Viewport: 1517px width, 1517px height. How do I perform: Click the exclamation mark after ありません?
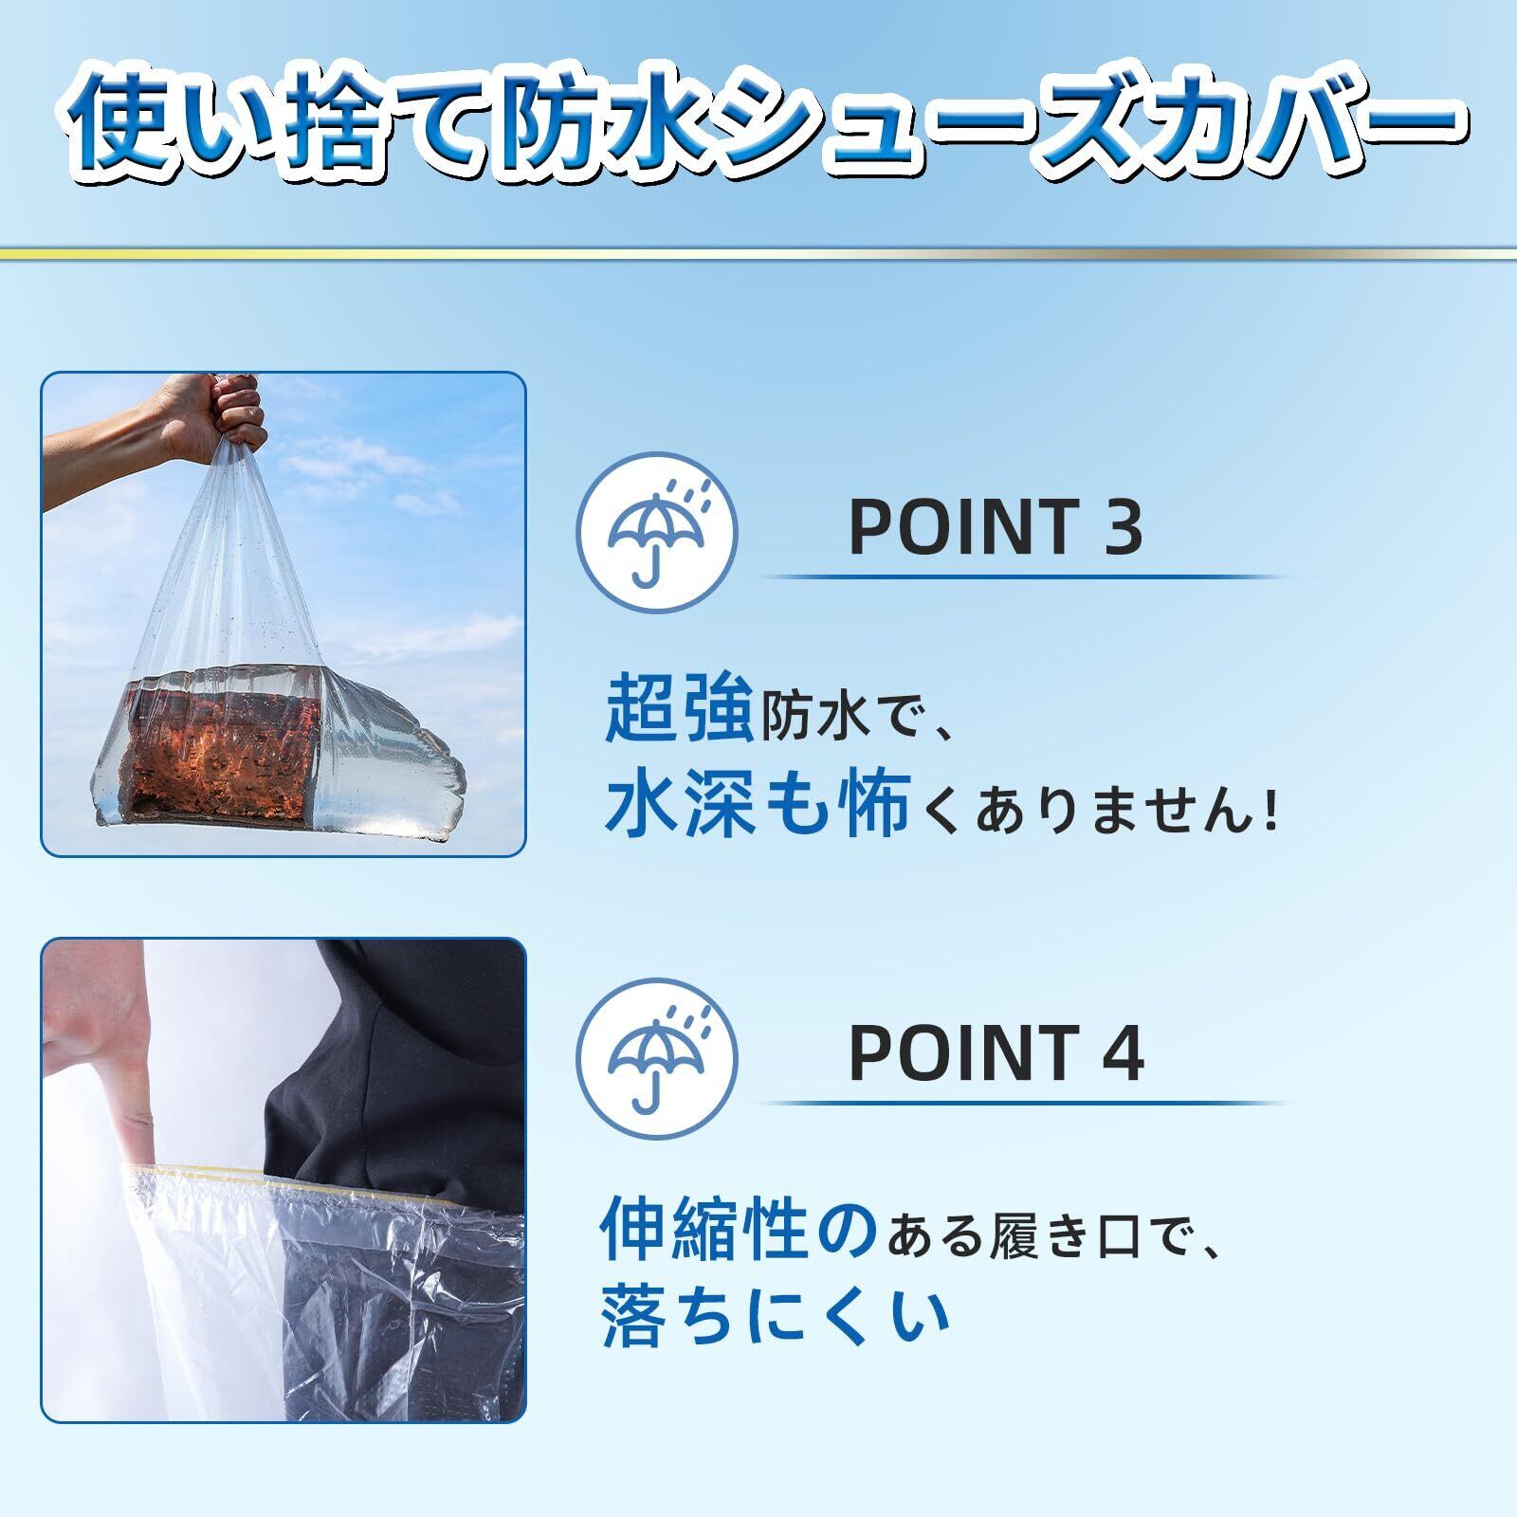click(x=1270, y=813)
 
